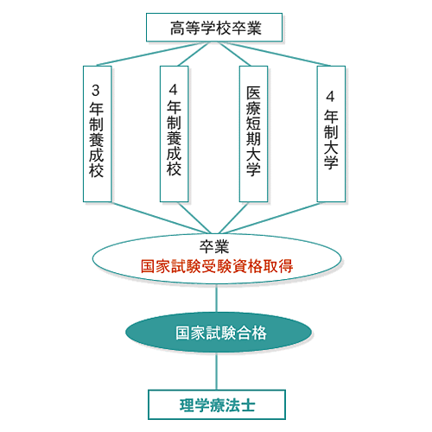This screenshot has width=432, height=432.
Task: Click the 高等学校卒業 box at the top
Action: pyautogui.click(x=214, y=28)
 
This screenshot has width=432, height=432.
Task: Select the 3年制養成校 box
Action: pyautogui.click(x=98, y=134)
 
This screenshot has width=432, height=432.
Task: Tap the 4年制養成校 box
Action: pyautogui.click(x=175, y=134)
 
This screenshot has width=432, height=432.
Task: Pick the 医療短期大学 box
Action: pyautogui.click(x=254, y=134)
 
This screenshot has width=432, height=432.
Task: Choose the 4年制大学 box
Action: pyautogui.click(x=331, y=134)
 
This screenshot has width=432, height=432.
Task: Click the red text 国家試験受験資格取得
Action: pyautogui.click(x=217, y=266)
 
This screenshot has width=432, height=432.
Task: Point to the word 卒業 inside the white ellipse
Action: pyautogui.click(x=214, y=246)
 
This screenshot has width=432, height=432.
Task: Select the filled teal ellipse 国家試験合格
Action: pyautogui.click(x=219, y=332)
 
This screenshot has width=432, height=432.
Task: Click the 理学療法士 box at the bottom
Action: pyautogui.click(x=217, y=404)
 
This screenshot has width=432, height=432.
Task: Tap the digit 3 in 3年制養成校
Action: pyautogui.click(x=96, y=90)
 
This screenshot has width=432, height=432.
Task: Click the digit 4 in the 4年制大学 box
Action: pyautogui.click(x=330, y=96)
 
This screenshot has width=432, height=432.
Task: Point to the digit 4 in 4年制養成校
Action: pyautogui.click(x=173, y=90)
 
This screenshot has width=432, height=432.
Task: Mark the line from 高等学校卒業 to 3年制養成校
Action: pyautogui.click(x=149, y=54)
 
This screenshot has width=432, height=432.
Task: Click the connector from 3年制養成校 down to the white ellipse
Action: pyautogui.click(x=161, y=218)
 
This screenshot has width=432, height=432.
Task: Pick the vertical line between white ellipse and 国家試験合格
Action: pyautogui.click(x=217, y=299)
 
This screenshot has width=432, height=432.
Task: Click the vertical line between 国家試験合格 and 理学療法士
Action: pyautogui.click(x=217, y=371)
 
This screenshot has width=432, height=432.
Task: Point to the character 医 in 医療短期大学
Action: pyautogui.click(x=253, y=93)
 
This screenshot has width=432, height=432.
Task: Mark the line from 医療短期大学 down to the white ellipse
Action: pyautogui.click(x=233, y=218)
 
